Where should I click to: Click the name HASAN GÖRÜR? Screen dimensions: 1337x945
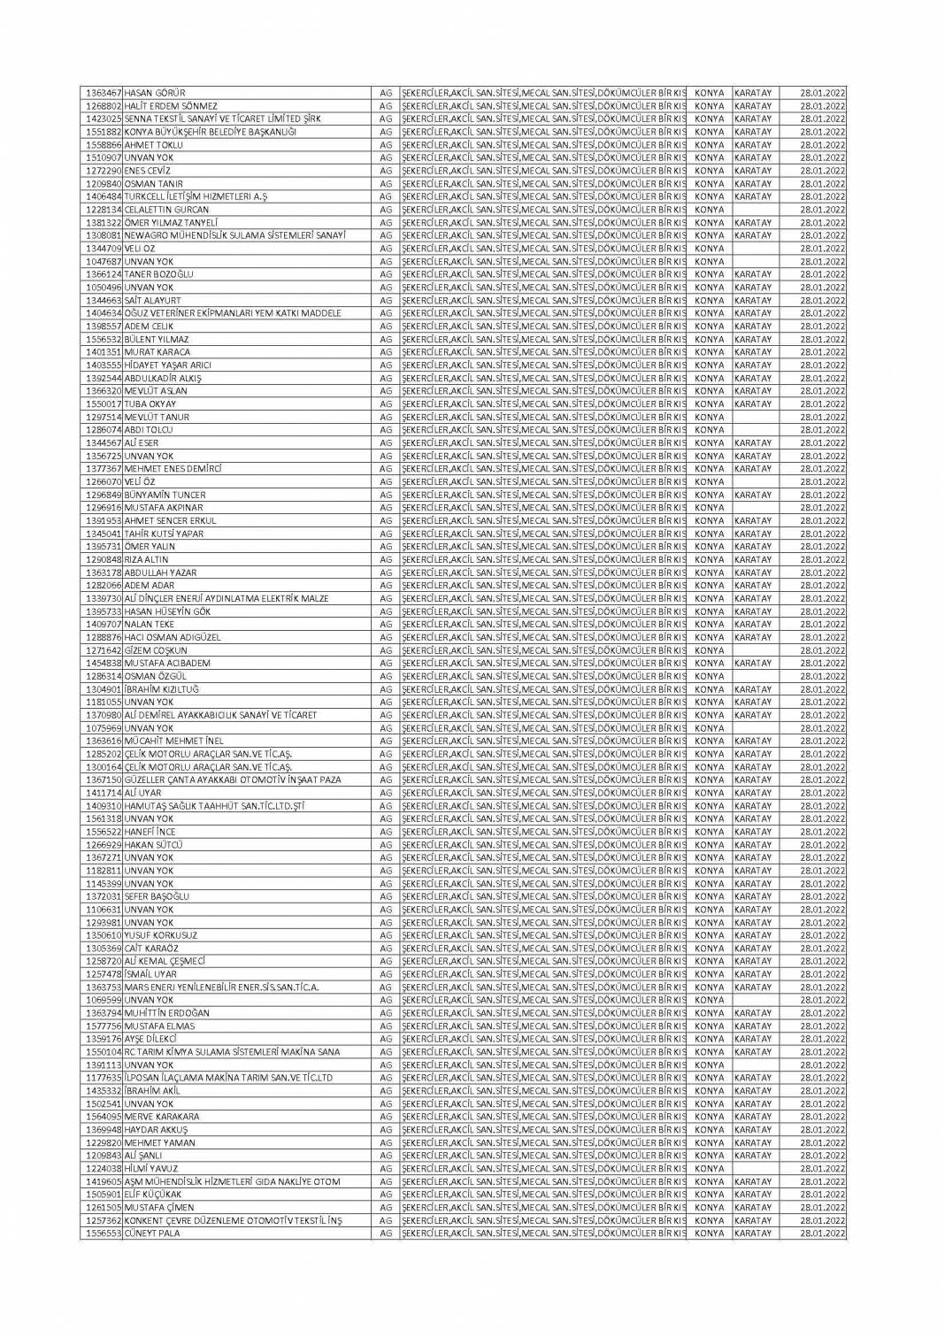pos(155,93)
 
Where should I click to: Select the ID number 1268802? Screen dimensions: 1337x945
pos(103,106)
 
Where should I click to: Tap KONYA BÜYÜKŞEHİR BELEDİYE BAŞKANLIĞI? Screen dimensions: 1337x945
pos(197,132)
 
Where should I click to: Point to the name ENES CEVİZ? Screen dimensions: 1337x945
pos(148,171)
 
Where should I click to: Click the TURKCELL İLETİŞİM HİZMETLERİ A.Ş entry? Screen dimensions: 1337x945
pos(196,196)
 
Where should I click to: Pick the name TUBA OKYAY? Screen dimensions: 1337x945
pos(150,404)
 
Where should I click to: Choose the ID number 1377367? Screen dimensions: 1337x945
pos(103,469)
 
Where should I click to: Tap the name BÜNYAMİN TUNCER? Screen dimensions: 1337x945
pos(165,495)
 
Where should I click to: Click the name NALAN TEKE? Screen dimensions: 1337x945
pos(150,625)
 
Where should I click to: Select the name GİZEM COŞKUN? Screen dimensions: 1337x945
pos(156,650)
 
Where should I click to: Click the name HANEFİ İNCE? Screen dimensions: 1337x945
pos(150,832)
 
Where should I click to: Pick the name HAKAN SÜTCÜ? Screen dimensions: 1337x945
pos(154,845)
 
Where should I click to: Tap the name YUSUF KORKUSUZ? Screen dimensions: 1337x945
pos(161,935)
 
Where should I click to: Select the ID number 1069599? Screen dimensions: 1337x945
pos(103,1000)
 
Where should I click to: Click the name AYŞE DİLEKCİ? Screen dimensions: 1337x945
pos(151,1039)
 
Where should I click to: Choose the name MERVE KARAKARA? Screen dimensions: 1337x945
pos(162,1117)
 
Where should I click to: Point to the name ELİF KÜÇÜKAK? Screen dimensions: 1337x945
pos(153,1195)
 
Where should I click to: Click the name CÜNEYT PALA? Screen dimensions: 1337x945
pos(151,1233)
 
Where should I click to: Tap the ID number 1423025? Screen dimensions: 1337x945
pos(103,119)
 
